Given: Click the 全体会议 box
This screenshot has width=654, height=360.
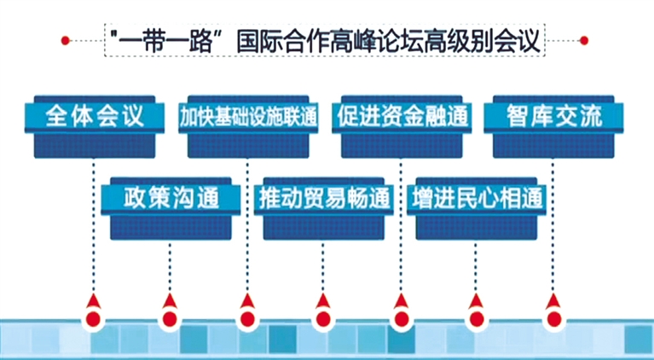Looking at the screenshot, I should (95, 117).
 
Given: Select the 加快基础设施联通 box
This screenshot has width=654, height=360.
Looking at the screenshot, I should (247, 117).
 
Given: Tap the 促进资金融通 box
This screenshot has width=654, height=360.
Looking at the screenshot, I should (402, 117).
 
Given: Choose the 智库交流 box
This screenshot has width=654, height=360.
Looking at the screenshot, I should (553, 117).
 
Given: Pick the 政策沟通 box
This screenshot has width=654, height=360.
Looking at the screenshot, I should (171, 199).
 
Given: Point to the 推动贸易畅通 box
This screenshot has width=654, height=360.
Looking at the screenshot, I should (324, 199).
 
